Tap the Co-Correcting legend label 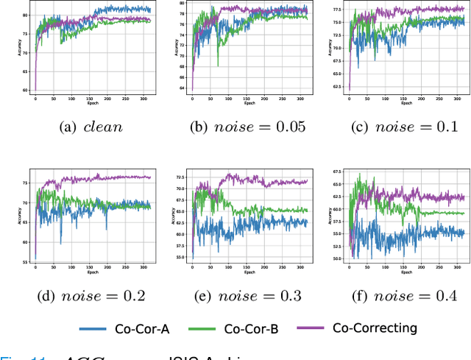pyautogui.click(x=375, y=328)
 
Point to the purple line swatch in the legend pyautogui.click(x=313, y=329)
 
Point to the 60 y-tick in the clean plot pyautogui.click(x=27, y=90)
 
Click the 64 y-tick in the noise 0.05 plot pyautogui.click(x=185, y=89)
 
